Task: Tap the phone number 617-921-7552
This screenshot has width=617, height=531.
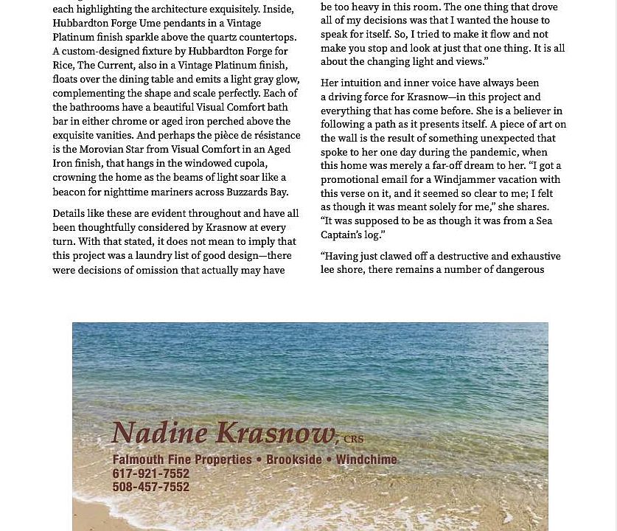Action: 150,473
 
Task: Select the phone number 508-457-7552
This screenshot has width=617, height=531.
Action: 150,487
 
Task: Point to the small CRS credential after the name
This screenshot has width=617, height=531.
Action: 353,440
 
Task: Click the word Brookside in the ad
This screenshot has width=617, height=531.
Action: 294,459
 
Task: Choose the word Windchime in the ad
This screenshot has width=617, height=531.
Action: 366,459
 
